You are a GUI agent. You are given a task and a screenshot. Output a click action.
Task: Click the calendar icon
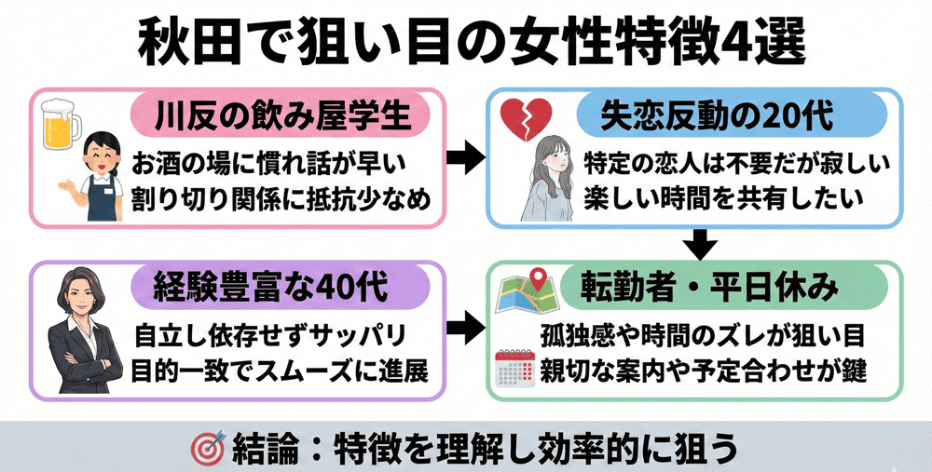(x=514, y=369)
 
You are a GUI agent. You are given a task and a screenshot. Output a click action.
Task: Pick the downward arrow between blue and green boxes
(x=705, y=245)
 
